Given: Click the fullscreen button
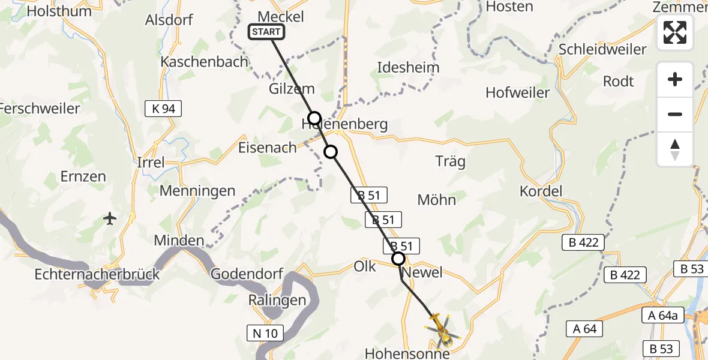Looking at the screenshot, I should coord(675,32).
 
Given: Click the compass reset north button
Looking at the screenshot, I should coord(675,149).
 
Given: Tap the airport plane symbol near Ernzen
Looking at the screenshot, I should coord(110,218).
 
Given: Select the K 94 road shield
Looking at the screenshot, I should coord(163,109).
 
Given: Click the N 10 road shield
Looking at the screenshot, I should coord(264,332).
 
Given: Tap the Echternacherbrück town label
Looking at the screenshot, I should coord(97,274).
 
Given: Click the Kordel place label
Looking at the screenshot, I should coord(541,191).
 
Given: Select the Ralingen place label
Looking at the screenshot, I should coord(277,300).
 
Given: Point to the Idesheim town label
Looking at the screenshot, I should coord(408,67).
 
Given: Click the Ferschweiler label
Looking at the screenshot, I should coord(40,109).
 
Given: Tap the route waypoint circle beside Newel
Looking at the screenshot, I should coord(398,259).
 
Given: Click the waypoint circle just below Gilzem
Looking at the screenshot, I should coord(314,118).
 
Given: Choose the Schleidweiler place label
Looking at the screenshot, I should coord(602,49).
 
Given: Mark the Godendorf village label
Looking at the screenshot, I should coord(247,274).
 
